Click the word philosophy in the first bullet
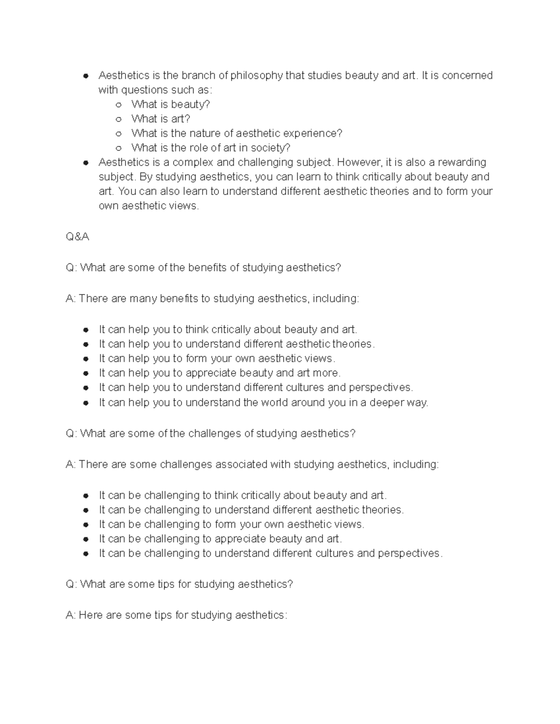pos(257,76)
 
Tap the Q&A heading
pos(77,237)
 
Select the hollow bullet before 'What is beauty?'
pos(119,105)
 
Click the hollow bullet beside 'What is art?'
pos(119,119)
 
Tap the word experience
pos(316,133)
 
